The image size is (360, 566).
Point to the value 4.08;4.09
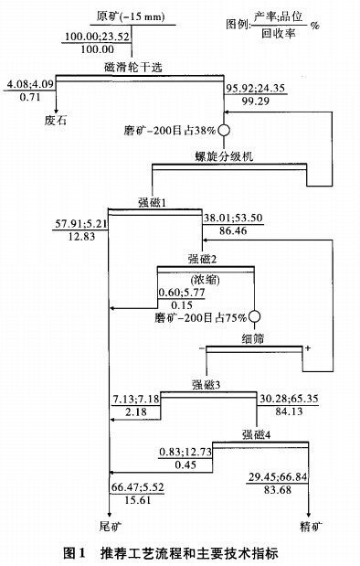(31, 85)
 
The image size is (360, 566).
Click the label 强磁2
(205, 259)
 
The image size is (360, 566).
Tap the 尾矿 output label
(110, 527)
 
